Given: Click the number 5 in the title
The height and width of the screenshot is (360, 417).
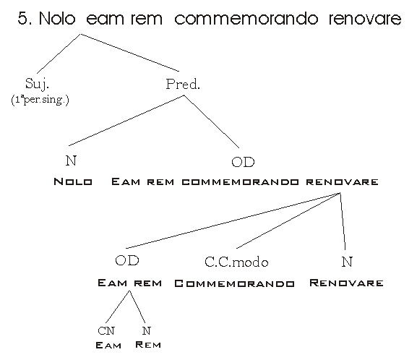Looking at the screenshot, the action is tap(23, 19).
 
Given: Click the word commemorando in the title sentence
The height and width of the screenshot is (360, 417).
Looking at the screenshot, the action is tap(246, 19).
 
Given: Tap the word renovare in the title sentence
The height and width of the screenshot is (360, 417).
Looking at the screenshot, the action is tap(365, 19).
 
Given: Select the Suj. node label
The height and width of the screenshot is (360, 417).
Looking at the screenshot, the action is tap(38, 84).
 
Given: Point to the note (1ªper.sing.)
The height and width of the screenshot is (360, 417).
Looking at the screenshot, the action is tap(40, 100).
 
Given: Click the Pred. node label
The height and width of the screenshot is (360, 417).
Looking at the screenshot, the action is tap(183, 84).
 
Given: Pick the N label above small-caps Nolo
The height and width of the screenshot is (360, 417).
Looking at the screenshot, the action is tap(71, 160).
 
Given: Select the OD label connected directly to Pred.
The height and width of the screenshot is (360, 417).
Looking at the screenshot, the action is tap(243, 162).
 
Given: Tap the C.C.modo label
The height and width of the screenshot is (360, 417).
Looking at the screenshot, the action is tap(236, 262).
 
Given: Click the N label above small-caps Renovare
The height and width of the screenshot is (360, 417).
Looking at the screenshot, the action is tap(347, 262).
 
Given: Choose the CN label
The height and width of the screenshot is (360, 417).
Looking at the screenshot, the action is tap(106, 331).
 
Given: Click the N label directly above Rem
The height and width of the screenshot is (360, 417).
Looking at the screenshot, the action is tap(146, 331).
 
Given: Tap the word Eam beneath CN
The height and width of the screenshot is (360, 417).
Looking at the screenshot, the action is tap(108, 346).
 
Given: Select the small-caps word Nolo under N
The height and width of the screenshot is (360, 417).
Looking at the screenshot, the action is tap(73, 181).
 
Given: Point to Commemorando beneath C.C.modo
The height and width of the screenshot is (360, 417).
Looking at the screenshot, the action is tap(234, 283).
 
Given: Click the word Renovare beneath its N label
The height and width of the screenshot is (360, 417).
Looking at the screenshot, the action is tap(346, 283).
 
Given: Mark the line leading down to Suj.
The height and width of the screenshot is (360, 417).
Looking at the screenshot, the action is tap(59, 53).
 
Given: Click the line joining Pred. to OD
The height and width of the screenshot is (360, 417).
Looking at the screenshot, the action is tap(212, 121).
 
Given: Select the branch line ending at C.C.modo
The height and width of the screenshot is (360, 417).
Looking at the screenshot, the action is tap(288, 220).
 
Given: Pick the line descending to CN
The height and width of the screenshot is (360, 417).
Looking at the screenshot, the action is tap(118, 307).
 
